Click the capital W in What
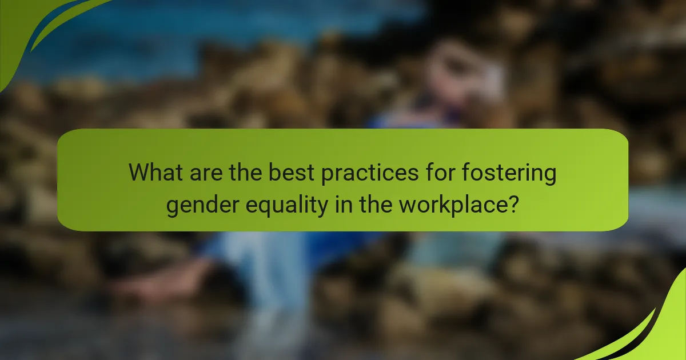(139, 173)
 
